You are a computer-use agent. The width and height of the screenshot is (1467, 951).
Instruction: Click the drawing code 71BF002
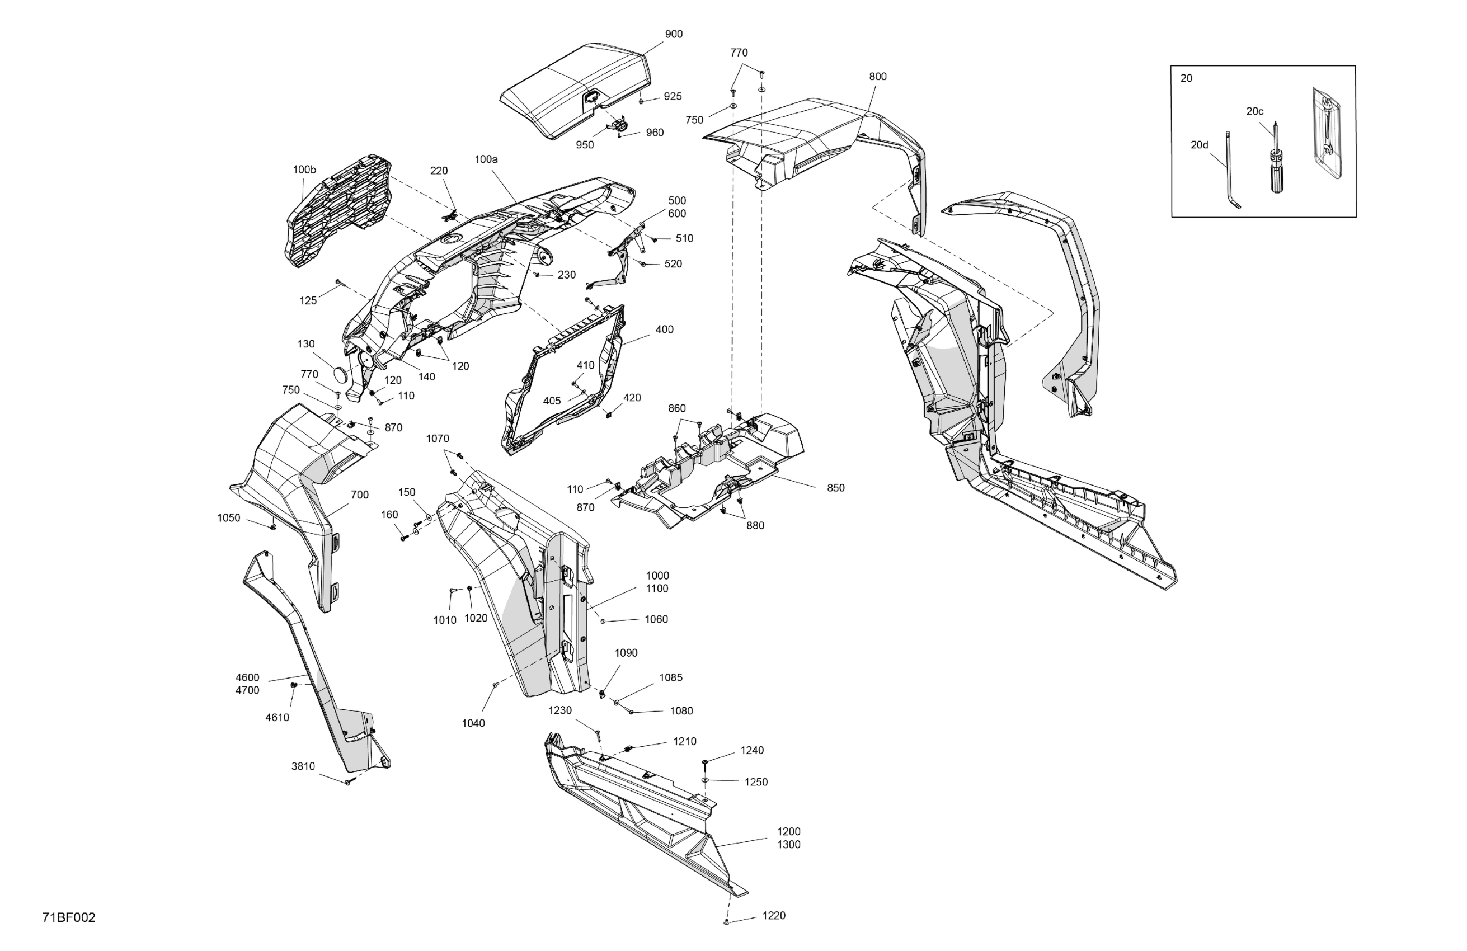[x=69, y=918]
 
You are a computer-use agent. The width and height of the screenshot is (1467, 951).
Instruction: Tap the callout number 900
[x=674, y=35]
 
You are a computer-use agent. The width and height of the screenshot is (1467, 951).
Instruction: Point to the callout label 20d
[x=1200, y=145]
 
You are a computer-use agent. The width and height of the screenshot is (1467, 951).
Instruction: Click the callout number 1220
[x=774, y=916]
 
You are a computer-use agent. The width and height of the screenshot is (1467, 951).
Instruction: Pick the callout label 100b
[x=304, y=170]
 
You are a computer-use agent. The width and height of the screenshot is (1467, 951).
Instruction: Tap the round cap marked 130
[x=341, y=375]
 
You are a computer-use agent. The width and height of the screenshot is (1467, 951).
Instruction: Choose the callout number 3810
[x=303, y=767]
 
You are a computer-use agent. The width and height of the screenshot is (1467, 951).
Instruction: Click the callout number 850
[x=836, y=488]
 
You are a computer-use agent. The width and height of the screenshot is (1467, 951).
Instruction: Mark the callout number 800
[x=878, y=77]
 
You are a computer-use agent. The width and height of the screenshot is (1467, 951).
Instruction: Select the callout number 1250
[x=756, y=782]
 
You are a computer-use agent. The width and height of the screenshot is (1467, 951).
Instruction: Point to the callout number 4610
[x=278, y=717]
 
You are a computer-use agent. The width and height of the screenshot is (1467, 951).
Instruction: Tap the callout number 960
[x=655, y=133]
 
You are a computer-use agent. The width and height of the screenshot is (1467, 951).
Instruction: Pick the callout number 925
[x=673, y=97]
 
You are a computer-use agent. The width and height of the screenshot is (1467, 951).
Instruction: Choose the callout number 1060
[x=656, y=619]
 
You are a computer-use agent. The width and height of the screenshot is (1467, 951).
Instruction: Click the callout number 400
[x=665, y=329]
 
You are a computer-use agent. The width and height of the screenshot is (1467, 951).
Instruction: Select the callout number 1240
[x=752, y=751]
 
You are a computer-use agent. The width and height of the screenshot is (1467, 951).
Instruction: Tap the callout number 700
[x=360, y=495]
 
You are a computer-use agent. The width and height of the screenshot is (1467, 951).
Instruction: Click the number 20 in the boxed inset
[x=1187, y=79]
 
